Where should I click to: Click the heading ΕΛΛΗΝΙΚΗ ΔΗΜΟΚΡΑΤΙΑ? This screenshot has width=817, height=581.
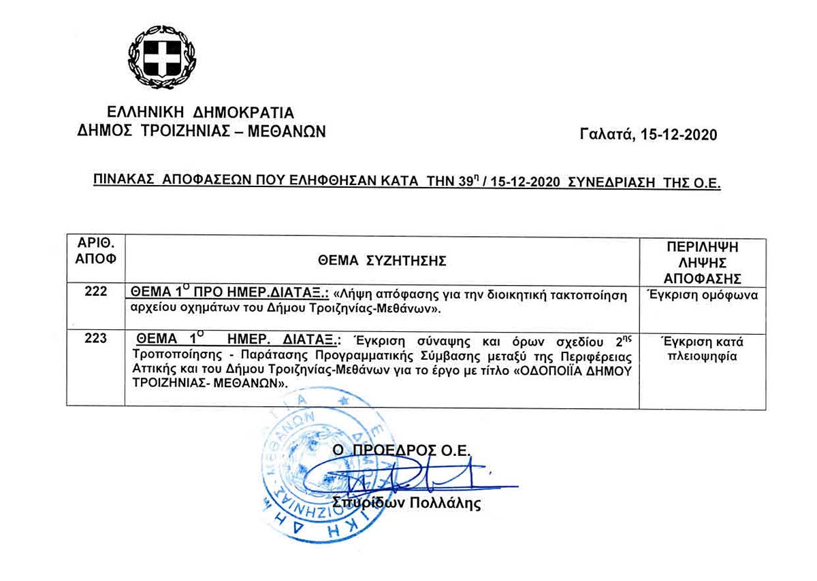[x=201, y=112]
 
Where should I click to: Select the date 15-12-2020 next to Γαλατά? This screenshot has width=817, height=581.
[x=677, y=135]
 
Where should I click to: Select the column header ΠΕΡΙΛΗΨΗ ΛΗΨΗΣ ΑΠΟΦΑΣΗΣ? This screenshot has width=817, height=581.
[x=703, y=262]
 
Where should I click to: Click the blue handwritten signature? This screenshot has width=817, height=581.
[x=408, y=478]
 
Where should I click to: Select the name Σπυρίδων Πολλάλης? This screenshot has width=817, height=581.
[x=406, y=504]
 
